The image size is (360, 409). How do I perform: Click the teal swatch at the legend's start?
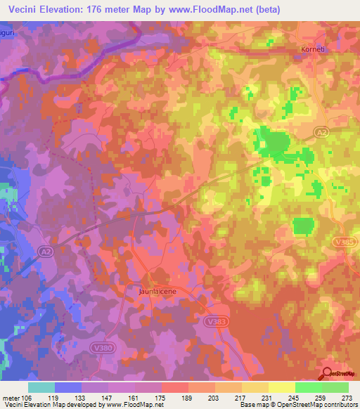41,387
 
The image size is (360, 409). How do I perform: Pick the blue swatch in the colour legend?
68,387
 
